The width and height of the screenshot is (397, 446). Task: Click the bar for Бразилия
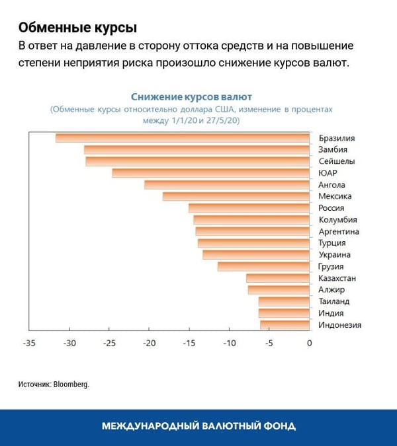[183, 138]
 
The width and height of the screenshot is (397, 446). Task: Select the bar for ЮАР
[211, 173]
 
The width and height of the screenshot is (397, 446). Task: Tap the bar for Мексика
[236, 196]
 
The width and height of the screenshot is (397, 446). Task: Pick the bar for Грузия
[264, 266]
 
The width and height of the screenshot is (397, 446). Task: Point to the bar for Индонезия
[285, 324]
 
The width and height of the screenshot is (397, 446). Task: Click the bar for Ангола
[227, 185]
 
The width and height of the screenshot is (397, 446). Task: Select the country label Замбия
[333, 150]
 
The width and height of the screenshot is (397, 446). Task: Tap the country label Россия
[331, 208]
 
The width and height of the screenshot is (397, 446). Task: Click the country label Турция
[332, 243]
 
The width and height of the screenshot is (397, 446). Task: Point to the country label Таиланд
[334, 301]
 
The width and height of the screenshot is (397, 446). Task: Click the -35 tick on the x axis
[29, 344]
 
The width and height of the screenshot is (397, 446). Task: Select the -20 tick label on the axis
[150, 344]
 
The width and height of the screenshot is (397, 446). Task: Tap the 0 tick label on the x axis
[309, 344]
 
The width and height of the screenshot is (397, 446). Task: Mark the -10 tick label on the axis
[229, 344]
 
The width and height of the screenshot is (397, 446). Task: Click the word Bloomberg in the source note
[72, 384]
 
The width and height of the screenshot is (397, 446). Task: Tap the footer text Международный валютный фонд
[198, 426]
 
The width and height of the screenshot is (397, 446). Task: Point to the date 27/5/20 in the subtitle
[224, 121]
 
